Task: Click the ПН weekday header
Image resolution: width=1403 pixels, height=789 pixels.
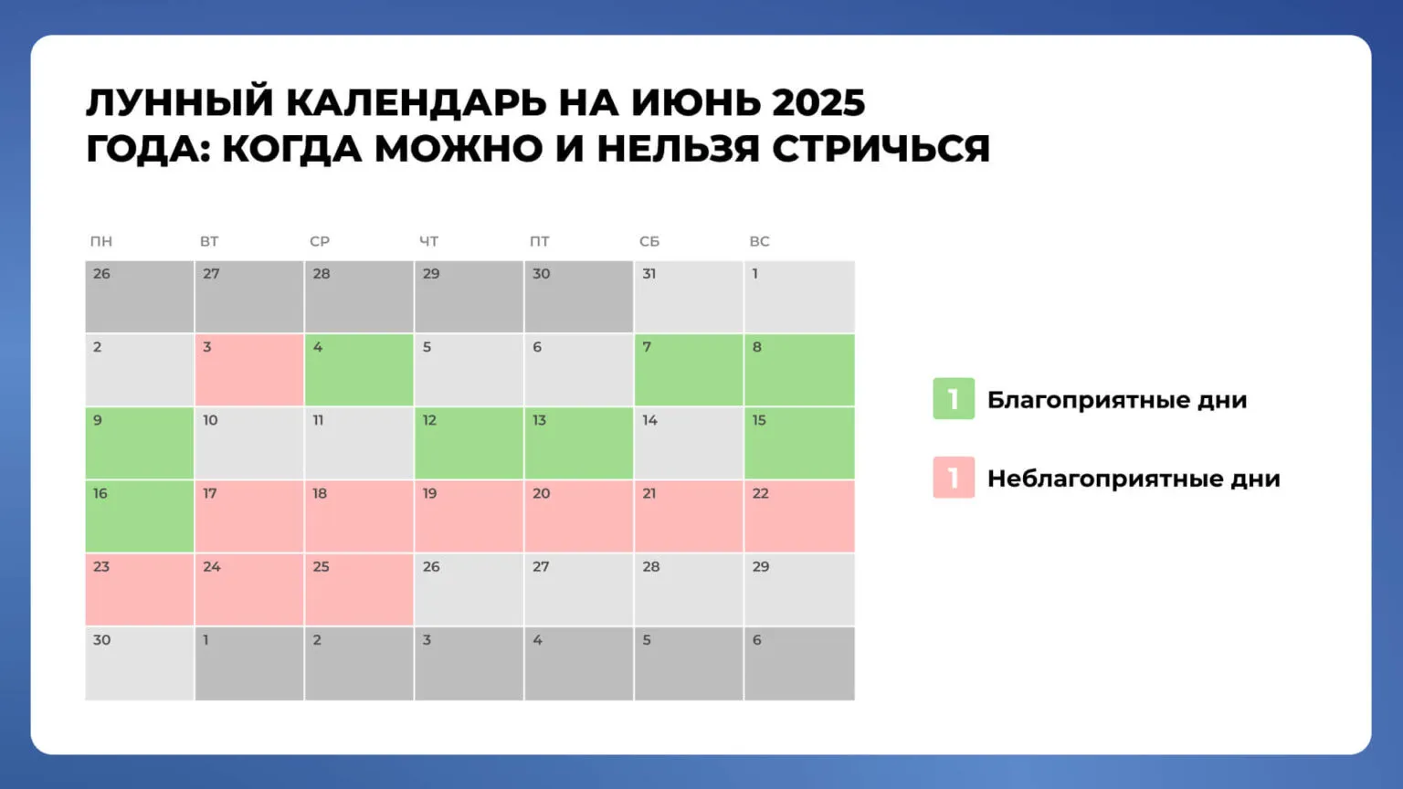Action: (101, 241)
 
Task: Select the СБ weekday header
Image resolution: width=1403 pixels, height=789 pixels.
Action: (649, 241)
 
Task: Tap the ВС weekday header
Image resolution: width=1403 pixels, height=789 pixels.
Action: (760, 241)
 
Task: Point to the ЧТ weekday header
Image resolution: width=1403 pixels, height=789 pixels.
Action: (429, 241)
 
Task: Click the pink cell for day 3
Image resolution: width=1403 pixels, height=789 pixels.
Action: (249, 370)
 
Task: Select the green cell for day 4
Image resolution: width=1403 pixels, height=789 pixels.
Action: (359, 370)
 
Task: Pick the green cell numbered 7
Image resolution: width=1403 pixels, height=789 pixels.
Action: (689, 370)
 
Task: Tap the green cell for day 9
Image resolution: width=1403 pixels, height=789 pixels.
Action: (140, 443)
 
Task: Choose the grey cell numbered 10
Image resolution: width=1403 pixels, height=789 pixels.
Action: (249, 443)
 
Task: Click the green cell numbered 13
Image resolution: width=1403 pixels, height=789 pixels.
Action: (579, 443)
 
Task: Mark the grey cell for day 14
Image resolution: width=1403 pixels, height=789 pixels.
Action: (689, 443)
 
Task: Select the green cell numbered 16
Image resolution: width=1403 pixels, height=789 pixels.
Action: (140, 516)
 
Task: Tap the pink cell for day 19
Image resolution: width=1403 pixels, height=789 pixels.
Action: (469, 516)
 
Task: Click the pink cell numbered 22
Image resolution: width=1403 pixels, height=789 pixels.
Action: (799, 516)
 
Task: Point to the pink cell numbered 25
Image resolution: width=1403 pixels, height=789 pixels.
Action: (359, 589)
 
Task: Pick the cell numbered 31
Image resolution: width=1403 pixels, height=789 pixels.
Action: (689, 297)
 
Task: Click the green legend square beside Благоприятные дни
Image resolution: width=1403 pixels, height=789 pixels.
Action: (954, 399)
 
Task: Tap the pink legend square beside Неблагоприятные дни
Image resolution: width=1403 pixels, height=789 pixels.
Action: (954, 478)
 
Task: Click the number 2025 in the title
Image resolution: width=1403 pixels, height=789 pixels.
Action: (818, 103)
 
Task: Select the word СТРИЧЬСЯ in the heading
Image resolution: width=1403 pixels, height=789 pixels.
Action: (881, 149)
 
